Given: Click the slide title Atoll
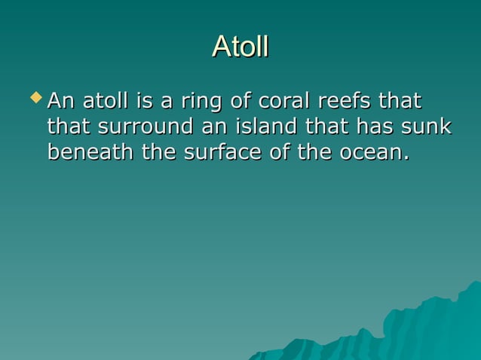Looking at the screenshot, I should coord(240,47).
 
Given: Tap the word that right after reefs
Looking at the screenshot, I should coord(400,101).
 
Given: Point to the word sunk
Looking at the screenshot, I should coord(427,127).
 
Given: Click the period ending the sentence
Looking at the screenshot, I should coord(406,158).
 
